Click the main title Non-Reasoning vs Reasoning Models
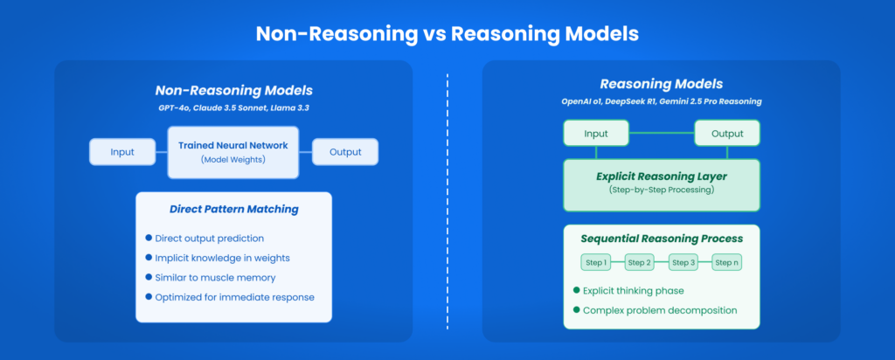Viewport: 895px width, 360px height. (x=447, y=34)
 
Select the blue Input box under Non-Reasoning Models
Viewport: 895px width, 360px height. (x=122, y=151)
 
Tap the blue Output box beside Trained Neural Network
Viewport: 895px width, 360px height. (x=345, y=151)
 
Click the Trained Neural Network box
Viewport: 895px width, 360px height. (x=233, y=151)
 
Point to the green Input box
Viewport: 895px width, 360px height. (x=596, y=133)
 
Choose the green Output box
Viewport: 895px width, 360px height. (x=727, y=133)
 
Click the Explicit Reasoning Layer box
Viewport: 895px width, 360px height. (x=662, y=183)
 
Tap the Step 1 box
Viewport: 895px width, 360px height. (x=596, y=262)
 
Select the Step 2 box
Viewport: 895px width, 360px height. (x=640, y=262)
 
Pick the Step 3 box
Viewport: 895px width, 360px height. (x=683, y=262)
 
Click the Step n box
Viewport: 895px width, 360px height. (x=727, y=262)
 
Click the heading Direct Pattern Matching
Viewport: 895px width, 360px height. (x=233, y=210)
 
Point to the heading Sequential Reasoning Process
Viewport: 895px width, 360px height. (x=662, y=238)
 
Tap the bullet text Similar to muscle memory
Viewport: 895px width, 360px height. (x=215, y=277)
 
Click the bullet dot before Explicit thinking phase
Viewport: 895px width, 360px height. (x=577, y=290)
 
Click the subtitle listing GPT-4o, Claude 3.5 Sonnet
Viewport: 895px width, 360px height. (x=233, y=107)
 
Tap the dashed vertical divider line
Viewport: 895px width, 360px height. (x=447, y=201)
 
